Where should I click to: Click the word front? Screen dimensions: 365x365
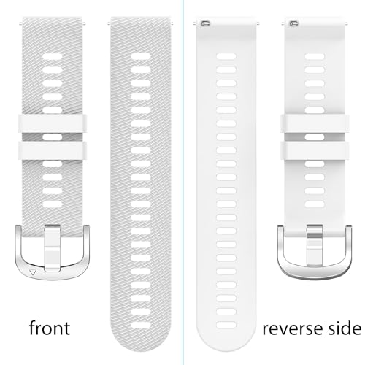coord(50,328)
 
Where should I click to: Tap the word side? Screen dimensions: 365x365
coord(345,328)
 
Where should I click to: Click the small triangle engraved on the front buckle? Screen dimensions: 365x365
coord(33,272)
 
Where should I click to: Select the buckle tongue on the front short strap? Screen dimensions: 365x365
coord(52,247)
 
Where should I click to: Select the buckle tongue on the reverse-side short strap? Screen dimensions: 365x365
coord(315,245)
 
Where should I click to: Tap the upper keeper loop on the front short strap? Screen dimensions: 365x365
coord(52,123)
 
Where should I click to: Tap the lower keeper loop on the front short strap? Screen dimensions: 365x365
coord(52,150)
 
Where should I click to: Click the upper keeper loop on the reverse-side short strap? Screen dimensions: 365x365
coord(315,123)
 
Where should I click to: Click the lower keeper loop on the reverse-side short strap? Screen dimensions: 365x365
coord(315,150)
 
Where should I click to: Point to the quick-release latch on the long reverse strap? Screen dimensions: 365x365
coord(206,23)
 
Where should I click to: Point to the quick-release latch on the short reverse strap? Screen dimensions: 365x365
coord(294,23)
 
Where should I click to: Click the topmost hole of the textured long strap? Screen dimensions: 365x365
coord(141,56)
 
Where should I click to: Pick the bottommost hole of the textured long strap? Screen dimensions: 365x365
coord(141,325)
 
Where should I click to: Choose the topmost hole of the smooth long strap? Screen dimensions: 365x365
coord(226,56)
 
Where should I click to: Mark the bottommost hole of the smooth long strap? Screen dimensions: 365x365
coord(226,325)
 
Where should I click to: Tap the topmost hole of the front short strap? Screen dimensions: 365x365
coord(53,56)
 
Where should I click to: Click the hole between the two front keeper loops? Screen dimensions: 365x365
coord(53,137)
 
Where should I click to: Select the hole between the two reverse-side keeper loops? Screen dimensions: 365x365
coord(315,137)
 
